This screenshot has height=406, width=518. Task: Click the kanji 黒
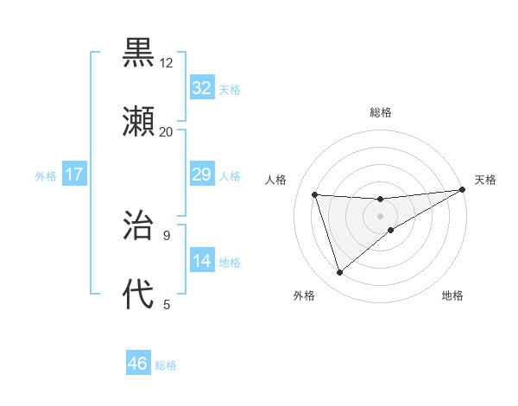coord(139,54)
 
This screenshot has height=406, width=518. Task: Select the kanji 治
coord(139,226)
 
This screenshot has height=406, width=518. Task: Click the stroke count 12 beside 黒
coord(166,63)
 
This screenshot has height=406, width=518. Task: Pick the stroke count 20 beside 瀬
coord(166,131)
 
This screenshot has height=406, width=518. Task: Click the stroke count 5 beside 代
coord(166,303)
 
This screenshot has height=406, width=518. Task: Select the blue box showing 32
coord(201,88)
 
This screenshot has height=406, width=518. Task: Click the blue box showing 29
coord(201,175)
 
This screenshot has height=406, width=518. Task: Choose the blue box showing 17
coord(74,175)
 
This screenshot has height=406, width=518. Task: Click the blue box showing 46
coord(138,365)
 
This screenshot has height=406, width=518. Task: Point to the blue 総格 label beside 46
coord(166,365)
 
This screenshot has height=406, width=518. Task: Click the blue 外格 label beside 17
coord(46,176)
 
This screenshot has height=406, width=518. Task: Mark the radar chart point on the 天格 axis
coord(462,190)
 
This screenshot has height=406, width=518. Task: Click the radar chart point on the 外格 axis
coord(339,272)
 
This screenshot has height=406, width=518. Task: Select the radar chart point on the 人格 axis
coord(315,194)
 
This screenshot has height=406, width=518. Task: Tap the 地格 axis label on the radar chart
coord(452,296)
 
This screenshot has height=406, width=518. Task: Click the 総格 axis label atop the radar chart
coord(381,112)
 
